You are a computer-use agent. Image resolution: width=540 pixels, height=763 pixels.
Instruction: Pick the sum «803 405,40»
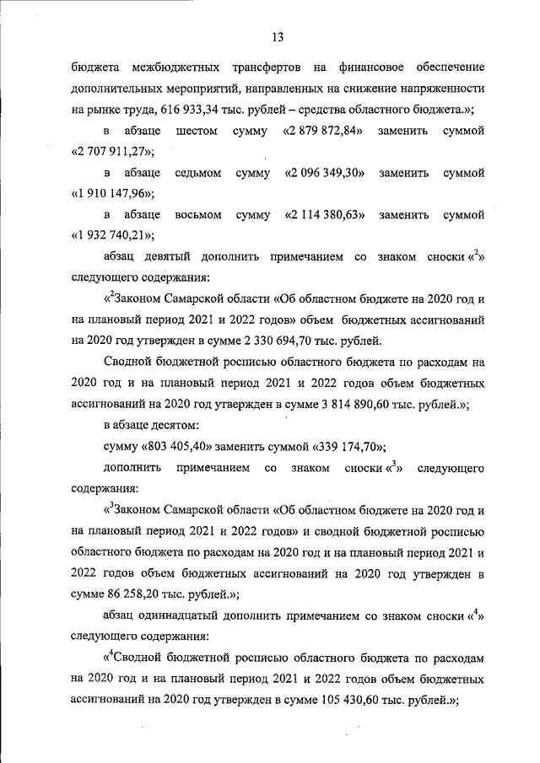tap(181, 447)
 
